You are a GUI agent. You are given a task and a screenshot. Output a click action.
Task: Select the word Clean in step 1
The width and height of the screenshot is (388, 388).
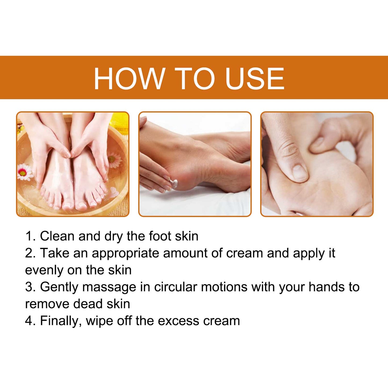57,236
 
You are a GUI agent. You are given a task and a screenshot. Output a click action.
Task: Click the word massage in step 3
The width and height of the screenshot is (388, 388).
109,287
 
